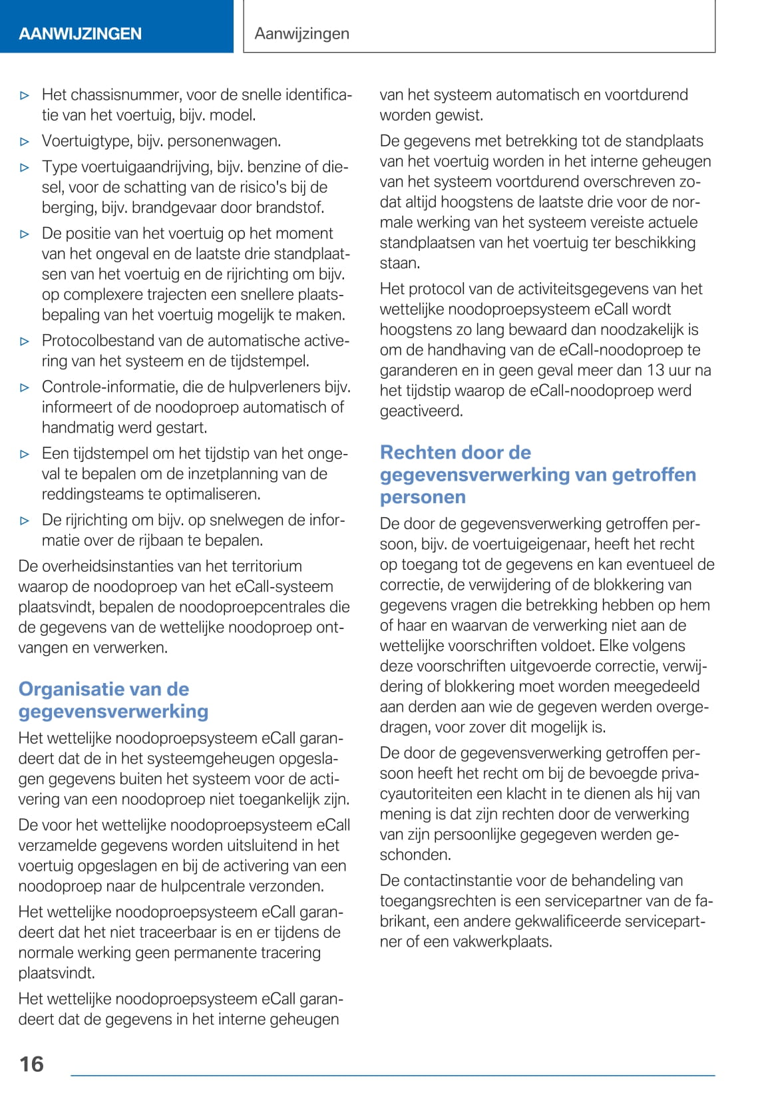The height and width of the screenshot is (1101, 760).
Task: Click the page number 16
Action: pos(31,1064)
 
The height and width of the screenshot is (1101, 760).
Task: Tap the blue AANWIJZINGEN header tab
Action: pos(81,33)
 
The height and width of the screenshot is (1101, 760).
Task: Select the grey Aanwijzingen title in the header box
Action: pos(301,33)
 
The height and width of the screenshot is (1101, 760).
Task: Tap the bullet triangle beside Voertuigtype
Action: pos(25,142)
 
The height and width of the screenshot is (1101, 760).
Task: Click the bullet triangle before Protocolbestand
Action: pos(25,341)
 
